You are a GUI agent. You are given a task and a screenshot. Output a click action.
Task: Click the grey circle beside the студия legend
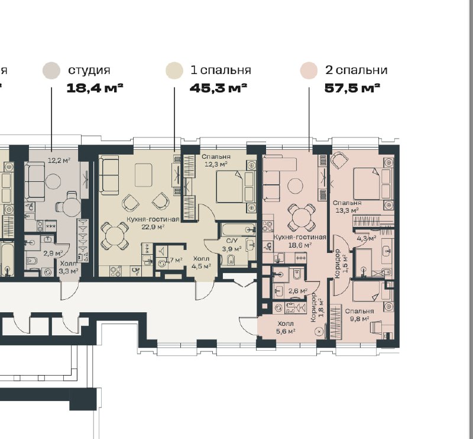click(51, 71)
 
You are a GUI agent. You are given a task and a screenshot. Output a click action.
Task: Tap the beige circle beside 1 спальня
click(174, 71)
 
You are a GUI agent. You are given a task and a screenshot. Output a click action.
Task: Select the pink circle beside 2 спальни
click(309, 71)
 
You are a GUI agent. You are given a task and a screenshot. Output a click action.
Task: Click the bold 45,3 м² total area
click(218, 88)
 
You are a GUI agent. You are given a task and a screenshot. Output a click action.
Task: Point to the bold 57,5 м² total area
click(352, 88)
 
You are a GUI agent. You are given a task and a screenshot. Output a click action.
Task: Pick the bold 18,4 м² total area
click(95, 88)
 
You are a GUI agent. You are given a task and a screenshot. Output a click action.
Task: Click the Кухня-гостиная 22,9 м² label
click(153, 223)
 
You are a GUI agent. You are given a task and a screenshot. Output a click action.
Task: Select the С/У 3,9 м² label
click(232, 245)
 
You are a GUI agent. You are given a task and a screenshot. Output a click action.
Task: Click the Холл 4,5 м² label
click(201, 262)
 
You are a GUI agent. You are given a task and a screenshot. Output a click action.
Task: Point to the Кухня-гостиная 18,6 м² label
click(300, 241)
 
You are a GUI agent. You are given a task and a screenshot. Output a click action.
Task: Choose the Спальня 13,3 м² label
click(347, 207)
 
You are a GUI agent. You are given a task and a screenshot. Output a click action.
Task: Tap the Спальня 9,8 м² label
click(359, 315)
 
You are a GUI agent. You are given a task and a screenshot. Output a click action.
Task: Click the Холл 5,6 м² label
click(286, 328)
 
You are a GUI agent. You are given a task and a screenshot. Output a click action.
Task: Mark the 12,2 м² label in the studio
click(59, 160)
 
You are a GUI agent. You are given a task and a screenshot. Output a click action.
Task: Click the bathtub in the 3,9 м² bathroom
click(238, 229)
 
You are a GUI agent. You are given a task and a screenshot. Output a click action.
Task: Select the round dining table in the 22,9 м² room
click(115, 236)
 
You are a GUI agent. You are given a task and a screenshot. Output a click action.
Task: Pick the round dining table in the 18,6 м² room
click(302, 218)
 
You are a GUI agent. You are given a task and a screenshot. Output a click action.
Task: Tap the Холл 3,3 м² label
click(69, 267)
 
